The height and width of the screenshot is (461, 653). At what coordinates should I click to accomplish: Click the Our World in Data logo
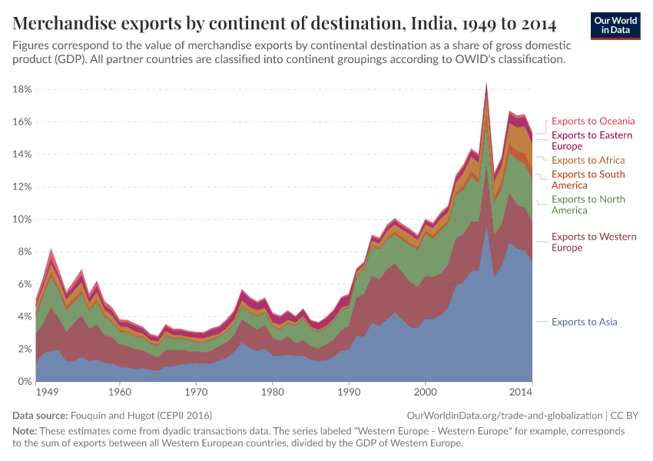(615, 25)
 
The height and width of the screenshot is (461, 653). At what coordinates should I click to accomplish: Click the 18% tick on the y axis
(22, 89)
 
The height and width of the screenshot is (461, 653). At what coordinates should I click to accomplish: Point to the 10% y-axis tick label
(22, 219)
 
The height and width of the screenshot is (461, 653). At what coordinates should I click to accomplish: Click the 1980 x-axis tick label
(273, 392)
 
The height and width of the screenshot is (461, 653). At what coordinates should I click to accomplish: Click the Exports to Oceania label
(593, 121)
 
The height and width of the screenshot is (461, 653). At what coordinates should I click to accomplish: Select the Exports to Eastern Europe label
(592, 141)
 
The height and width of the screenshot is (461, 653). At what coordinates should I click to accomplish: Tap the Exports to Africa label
(588, 160)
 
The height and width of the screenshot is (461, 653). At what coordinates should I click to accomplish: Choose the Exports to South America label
(588, 179)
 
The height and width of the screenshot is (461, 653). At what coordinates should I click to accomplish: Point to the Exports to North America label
(588, 204)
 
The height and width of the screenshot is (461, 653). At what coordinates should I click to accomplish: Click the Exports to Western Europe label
(593, 242)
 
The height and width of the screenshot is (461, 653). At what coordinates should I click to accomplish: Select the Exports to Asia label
(584, 322)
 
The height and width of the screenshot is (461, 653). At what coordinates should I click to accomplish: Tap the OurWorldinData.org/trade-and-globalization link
(504, 415)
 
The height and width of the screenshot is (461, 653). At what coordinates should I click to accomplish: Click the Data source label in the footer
(41, 415)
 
